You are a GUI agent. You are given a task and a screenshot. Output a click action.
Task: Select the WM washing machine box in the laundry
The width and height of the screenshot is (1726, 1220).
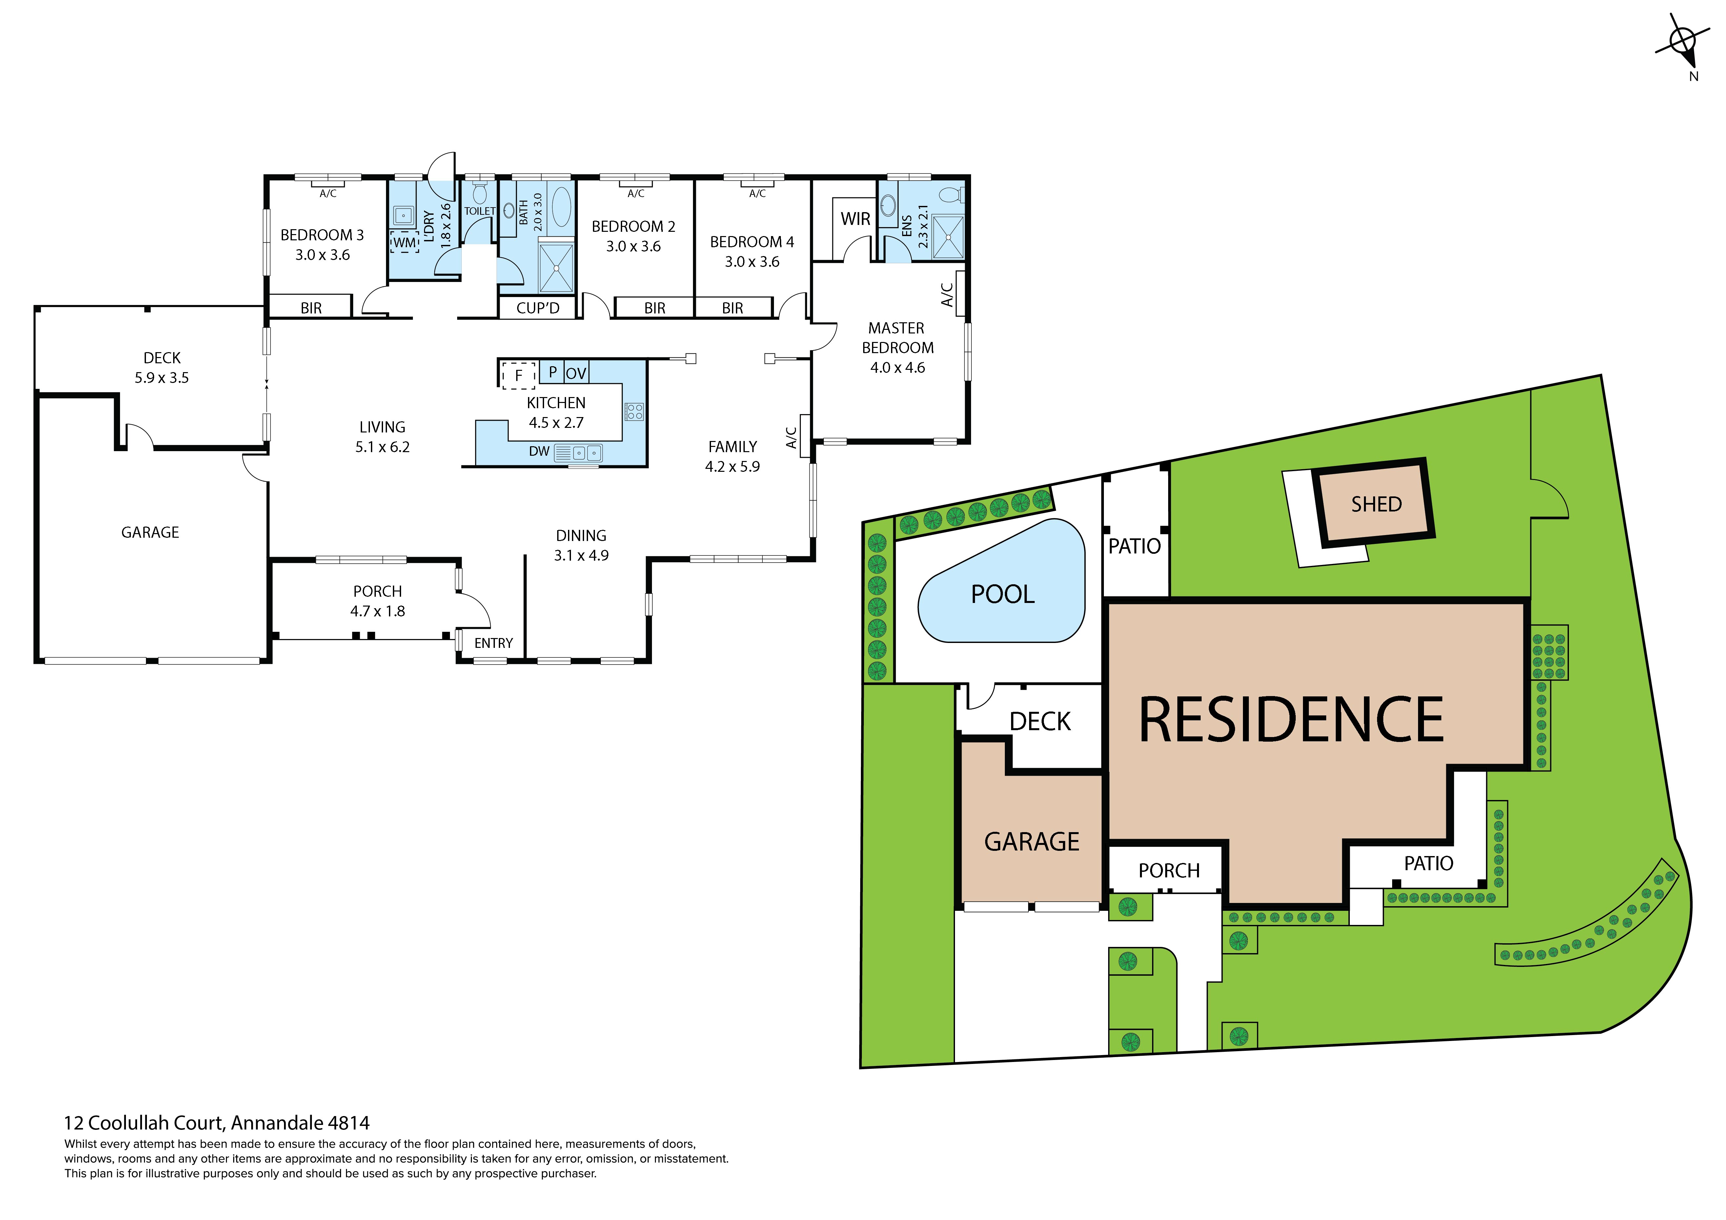pyautogui.click(x=404, y=242)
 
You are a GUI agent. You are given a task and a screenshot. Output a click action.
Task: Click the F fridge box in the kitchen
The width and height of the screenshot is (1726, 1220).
pyautogui.click(x=518, y=375)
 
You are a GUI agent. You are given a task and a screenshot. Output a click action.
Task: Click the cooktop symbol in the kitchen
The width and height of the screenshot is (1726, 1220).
pyautogui.click(x=634, y=411)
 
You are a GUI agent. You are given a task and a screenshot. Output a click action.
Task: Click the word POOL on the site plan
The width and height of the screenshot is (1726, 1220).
pyautogui.click(x=1002, y=595)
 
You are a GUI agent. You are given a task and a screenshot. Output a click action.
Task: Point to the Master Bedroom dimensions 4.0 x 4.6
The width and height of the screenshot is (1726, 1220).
pyautogui.click(x=898, y=368)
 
